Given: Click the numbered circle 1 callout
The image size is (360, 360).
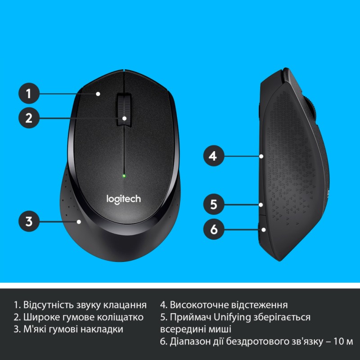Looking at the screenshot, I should (x=29, y=94).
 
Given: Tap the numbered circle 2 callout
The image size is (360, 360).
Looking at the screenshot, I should (x=29, y=118).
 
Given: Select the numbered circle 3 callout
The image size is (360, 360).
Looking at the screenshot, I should (x=29, y=221).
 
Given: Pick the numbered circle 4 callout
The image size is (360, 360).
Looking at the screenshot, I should (x=214, y=156).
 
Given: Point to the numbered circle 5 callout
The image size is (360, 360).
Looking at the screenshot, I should (x=214, y=205).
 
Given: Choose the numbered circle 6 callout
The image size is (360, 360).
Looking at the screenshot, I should (x=214, y=229).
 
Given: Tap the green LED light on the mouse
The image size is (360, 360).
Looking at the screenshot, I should (x=124, y=175).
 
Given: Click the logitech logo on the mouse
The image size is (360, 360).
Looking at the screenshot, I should (x=123, y=198).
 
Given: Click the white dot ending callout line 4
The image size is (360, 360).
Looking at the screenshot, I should (x=261, y=156).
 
